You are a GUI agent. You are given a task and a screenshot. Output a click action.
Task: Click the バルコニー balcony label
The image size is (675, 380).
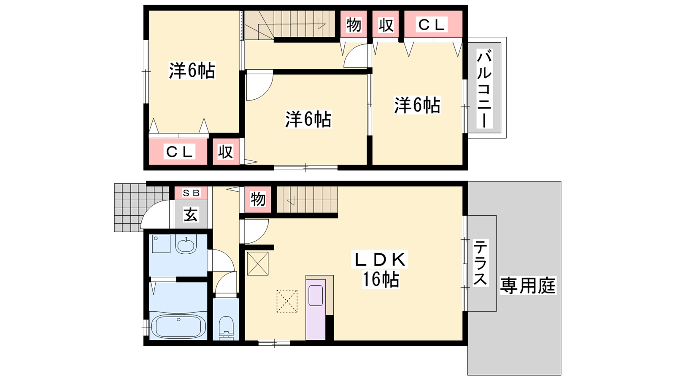click(484, 90)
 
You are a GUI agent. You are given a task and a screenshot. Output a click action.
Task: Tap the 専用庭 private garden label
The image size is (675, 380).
click(528, 285)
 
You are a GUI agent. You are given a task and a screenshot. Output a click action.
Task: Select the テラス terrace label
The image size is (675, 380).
click(480, 262)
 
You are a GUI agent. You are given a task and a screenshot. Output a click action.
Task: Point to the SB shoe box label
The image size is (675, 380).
click(191, 193)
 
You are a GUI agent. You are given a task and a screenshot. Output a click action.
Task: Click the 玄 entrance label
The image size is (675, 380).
click(191, 215)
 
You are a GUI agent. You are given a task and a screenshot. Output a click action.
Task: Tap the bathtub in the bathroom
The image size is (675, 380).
click(178, 326)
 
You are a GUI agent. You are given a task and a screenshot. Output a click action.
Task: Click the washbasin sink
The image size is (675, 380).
click(186, 244)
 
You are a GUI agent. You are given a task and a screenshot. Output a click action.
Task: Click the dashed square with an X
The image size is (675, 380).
click(287, 301)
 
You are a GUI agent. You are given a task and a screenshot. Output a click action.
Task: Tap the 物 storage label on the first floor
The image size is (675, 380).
click(258, 199)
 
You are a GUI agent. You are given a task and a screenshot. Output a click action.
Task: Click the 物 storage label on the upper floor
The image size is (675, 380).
click(354, 25)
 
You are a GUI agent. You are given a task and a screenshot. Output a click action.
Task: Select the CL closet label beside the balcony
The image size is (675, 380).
click(432, 25)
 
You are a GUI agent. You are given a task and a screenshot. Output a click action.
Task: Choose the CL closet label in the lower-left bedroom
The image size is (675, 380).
click(179, 152)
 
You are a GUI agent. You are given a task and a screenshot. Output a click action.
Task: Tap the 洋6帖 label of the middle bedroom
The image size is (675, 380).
click(308, 119)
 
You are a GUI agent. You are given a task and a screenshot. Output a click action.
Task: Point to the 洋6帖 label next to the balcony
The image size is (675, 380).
click(417, 105)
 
